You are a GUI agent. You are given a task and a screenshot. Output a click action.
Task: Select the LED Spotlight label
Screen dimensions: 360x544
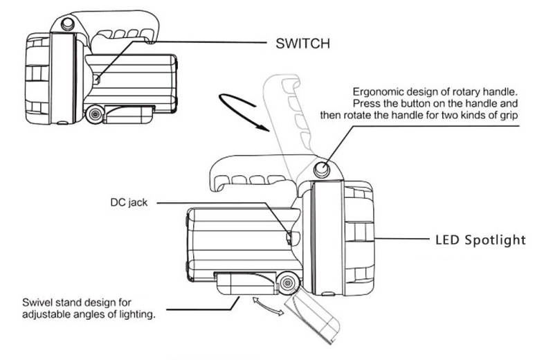480,240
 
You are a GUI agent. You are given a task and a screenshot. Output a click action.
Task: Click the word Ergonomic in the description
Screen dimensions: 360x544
379,91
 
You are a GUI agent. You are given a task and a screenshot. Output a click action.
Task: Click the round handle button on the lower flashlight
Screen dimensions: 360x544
322,168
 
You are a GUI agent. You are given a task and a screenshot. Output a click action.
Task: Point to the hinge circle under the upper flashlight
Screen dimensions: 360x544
96,113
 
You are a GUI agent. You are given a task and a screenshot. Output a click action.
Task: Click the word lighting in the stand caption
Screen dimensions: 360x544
132,314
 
